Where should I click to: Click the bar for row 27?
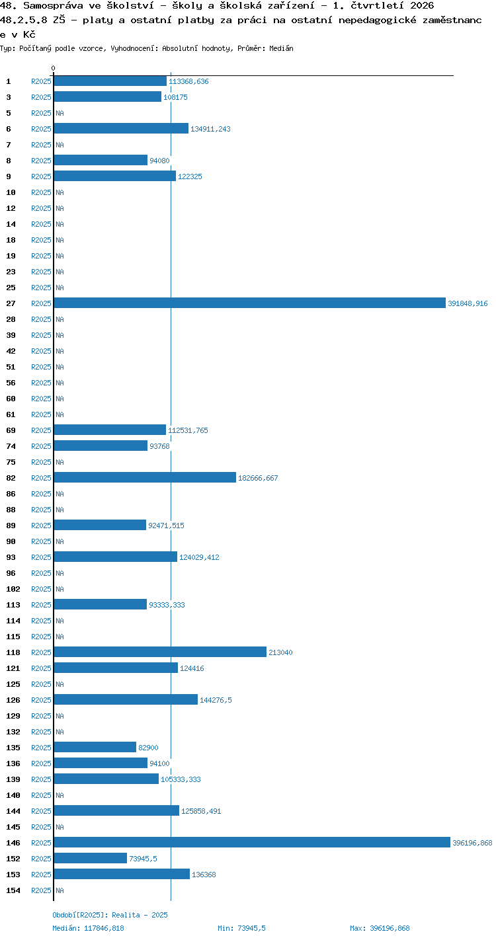click(249, 303)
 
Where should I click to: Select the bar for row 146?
click(252, 842)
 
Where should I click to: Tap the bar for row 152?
click(91, 858)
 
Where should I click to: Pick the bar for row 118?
click(160, 652)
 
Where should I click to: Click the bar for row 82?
click(145, 477)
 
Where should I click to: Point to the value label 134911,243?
click(210, 129)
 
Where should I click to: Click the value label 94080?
click(159, 161)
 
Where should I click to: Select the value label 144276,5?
click(216, 700)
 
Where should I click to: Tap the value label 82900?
click(148, 748)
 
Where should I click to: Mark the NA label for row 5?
click(60, 113)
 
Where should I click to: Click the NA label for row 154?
click(60, 890)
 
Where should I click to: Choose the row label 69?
click(11, 430)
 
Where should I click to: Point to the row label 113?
click(13, 605)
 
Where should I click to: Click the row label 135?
click(13, 748)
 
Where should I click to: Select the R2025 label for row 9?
click(41, 176)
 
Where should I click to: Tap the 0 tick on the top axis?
click(54, 68)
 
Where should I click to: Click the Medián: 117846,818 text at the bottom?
click(88, 928)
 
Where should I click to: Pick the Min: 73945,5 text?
click(241, 928)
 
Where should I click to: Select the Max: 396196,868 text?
click(380, 928)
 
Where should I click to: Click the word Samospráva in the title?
click(53, 5)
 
